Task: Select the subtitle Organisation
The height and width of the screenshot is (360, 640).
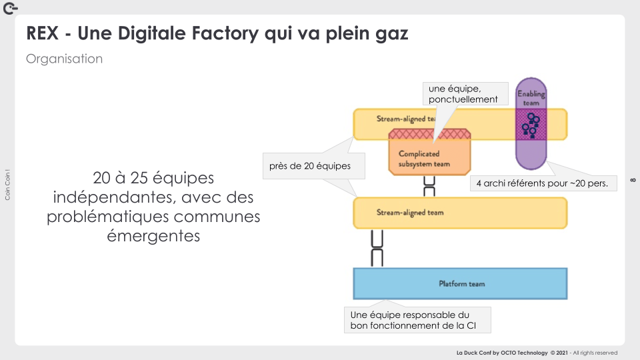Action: pos(64,59)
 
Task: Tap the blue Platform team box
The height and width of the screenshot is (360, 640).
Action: pos(460,283)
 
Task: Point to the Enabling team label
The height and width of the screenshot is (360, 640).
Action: pos(531,98)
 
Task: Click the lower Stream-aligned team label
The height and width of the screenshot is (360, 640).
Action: pos(410,213)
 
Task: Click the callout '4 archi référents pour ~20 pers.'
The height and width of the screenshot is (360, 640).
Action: pos(543,182)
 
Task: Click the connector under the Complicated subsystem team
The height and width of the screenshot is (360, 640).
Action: pos(430,186)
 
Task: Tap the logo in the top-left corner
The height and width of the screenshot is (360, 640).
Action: pos(11,9)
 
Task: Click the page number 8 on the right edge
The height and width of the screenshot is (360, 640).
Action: pos(632,179)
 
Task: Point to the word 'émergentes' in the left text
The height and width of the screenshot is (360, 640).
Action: pos(153,236)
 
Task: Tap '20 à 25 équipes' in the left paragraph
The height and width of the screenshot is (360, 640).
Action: pos(153,179)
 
